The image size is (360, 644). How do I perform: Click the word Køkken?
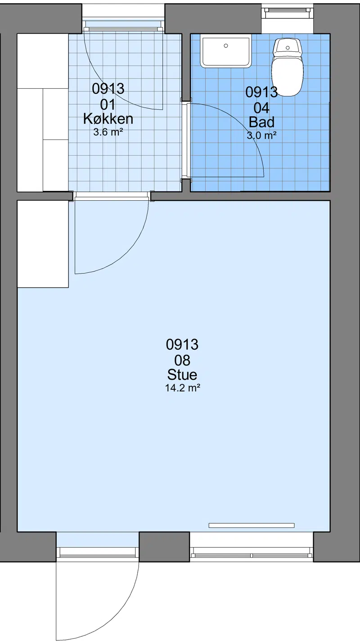108,119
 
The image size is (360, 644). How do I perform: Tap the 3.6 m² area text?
108,132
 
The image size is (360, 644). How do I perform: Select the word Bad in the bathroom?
261,122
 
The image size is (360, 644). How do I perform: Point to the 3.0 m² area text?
261,135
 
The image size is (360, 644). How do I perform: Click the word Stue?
182,374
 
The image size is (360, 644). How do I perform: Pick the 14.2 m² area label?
182,388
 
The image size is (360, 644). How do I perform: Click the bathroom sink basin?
226,51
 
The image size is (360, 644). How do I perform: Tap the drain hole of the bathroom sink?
226,46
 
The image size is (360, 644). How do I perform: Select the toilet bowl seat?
288,76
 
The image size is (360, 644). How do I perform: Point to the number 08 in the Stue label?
182,360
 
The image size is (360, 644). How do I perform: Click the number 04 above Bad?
261,108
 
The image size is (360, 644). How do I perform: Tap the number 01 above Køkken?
108,104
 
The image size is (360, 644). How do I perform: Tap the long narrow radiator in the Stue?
251,525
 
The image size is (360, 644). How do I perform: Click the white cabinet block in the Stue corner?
43,244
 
